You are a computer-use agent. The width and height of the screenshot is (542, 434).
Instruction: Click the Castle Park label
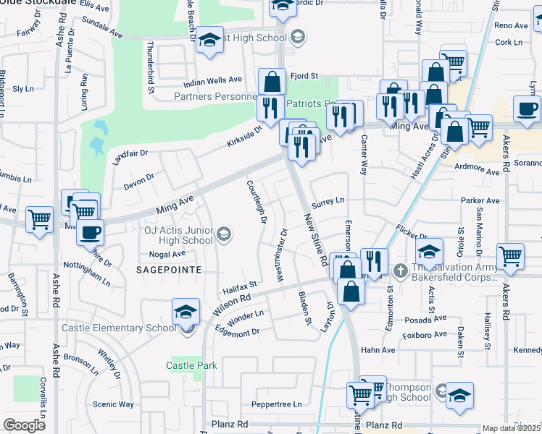[x=191, y=365]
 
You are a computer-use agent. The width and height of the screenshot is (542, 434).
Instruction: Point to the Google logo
[x=24, y=425]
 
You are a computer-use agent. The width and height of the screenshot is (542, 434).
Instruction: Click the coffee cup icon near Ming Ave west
[x=90, y=233]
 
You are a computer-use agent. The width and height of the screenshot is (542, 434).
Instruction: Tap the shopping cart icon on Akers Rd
[x=511, y=256]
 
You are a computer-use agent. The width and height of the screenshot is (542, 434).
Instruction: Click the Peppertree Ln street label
[x=276, y=404]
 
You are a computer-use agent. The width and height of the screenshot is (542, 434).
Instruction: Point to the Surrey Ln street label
[x=328, y=200]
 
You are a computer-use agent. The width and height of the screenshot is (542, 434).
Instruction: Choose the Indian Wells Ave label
[x=212, y=80]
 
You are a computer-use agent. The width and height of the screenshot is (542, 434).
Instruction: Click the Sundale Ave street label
[x=102, y=33]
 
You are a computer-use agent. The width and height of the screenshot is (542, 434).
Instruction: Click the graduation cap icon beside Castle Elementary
[x=185, y=312]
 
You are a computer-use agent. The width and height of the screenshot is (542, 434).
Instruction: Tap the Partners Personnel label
[x=215, y=96]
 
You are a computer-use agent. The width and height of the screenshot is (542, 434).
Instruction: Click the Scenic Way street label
[x=114, y=404]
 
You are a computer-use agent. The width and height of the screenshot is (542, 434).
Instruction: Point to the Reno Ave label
[x=511, y=25]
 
